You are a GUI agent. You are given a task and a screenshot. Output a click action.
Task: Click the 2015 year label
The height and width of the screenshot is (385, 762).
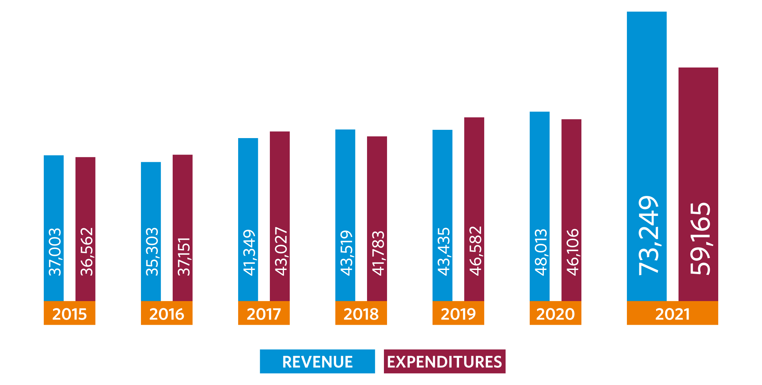coord(69,314)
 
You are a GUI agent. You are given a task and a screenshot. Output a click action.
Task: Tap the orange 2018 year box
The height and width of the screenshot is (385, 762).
coord(361,313)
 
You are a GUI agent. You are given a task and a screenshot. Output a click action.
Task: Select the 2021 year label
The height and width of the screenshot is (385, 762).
coord(672,314)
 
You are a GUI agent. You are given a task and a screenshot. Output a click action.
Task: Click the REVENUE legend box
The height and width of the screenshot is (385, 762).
coord(317,362)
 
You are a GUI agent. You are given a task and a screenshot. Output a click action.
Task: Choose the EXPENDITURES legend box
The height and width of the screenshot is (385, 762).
coord(444,362)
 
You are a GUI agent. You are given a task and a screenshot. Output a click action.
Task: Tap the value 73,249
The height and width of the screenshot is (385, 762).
coord(648,236)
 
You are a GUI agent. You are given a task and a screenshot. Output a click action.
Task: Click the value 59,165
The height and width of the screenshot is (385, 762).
coord(700,239)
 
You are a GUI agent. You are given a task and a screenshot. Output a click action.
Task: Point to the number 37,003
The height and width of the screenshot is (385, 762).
coord(54,252)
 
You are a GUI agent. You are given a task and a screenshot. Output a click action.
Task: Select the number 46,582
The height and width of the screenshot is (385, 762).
coord(475,251)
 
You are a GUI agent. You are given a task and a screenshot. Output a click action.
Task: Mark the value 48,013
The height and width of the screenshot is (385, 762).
coord(540,252)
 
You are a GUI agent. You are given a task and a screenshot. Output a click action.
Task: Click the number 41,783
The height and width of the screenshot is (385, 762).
coord(378,253)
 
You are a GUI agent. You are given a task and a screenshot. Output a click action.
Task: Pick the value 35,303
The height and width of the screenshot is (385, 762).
coord(152,252)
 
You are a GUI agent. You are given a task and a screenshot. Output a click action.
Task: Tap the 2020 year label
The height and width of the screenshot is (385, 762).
coord(555,314)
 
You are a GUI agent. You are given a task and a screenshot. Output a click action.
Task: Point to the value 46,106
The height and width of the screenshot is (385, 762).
coord(572,252)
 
